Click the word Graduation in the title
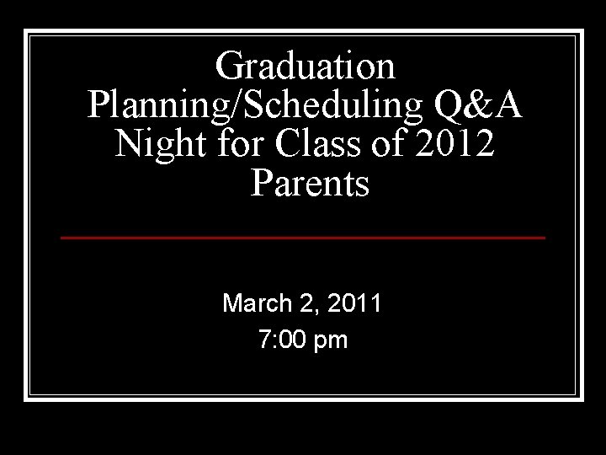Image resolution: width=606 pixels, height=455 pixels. (x=304, y=66)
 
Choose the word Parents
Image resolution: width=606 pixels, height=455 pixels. (x=310, y=183)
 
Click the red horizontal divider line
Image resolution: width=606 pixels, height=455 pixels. (x=303, y=238)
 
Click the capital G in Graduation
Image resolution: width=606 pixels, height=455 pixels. (x=230, y=66)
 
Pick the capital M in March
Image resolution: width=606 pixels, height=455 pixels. (x=231, y=302)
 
